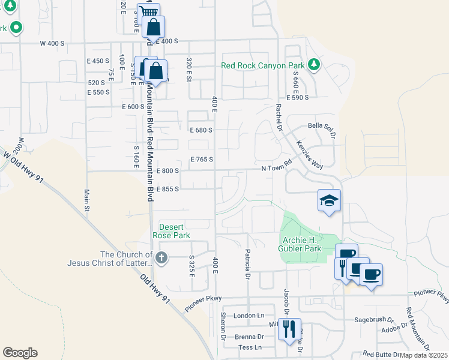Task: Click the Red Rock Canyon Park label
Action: coord(263,65)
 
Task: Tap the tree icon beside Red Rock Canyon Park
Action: coord(313,64)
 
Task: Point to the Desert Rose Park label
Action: coord(174,231)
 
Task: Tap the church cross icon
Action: coord(161,258)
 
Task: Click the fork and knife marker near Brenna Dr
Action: coord(290,329)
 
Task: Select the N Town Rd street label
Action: coord(276,170)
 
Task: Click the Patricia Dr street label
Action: coord(247,265)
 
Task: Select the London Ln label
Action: coord(249,316)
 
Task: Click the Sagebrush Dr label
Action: coord(373,320)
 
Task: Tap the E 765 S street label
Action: coord(202,160)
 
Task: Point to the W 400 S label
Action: coord(52,43)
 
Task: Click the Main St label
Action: coord(86,200)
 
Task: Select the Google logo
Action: coord(20,353)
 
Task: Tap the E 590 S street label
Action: coord(297,97)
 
